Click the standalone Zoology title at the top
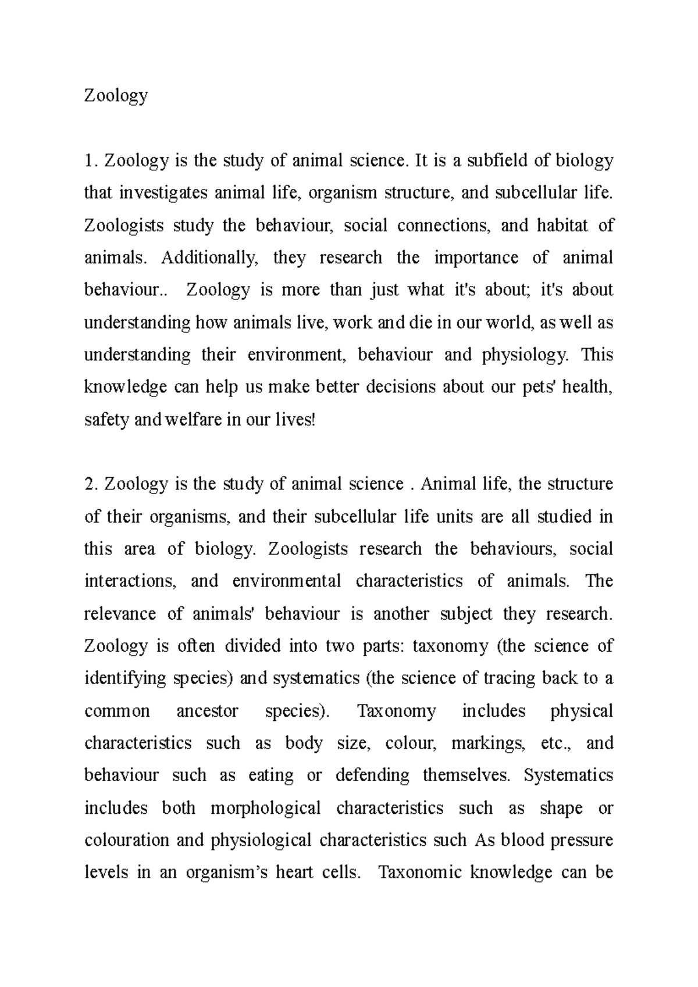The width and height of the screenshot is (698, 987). pyautogui.click(x=116, y=95)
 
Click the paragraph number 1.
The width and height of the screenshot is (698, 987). pyautogui.click(x=90, y=160)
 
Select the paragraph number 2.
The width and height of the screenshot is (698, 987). pyautogui.click(x=90, y=484)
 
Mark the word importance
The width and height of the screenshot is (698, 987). pyautogui.click(x=476, y=258)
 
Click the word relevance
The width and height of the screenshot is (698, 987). pyautogui.click(x=120, y=614)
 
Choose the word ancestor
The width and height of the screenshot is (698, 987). pyautogui.click(x=207, y=711)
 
